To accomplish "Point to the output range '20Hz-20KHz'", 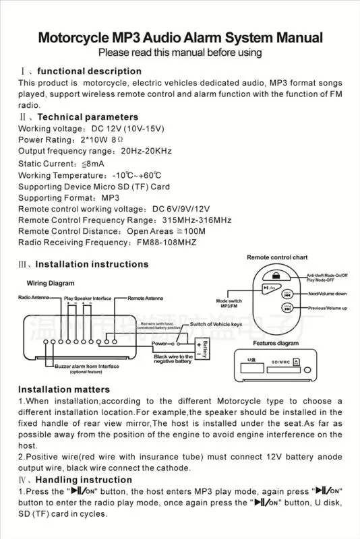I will (x=150, y=152).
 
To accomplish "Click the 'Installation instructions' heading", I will (x=92, y=265).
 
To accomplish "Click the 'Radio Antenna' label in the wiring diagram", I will (x=33, y=297).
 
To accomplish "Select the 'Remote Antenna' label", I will (x=145, y=297).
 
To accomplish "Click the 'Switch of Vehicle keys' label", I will (x=215, y=324).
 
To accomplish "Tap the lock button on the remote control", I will (x=276, y=275).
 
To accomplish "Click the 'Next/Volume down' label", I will (x=328, y=294).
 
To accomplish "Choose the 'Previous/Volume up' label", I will (x=328, y=308).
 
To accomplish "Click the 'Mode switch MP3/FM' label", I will (x=229, y=303).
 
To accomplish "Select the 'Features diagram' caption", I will (x=276, y=343).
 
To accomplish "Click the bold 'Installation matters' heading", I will (x=63, y=389).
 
